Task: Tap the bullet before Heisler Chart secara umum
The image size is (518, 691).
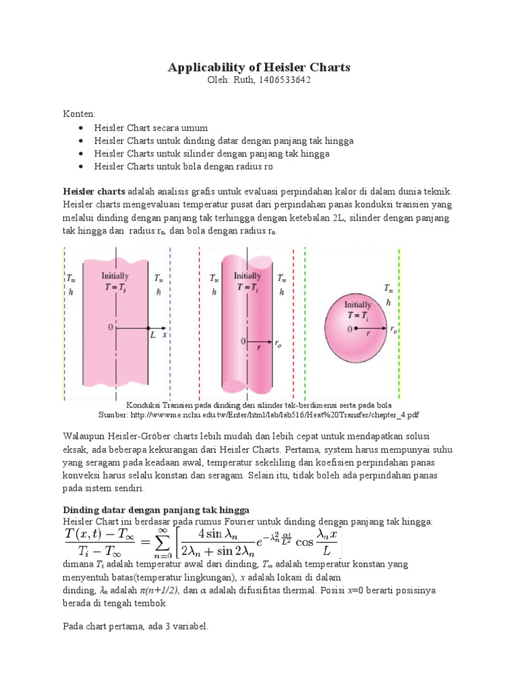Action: tap(81, 128)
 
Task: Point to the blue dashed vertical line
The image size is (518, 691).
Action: tap(171, 324)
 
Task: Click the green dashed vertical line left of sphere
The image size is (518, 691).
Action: tap(305, 324)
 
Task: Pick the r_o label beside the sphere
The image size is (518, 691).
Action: tap(393, 329)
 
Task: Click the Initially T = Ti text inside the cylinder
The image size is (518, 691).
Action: tap(247, 281)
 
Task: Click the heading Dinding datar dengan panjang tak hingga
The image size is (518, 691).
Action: tap(156, 509)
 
